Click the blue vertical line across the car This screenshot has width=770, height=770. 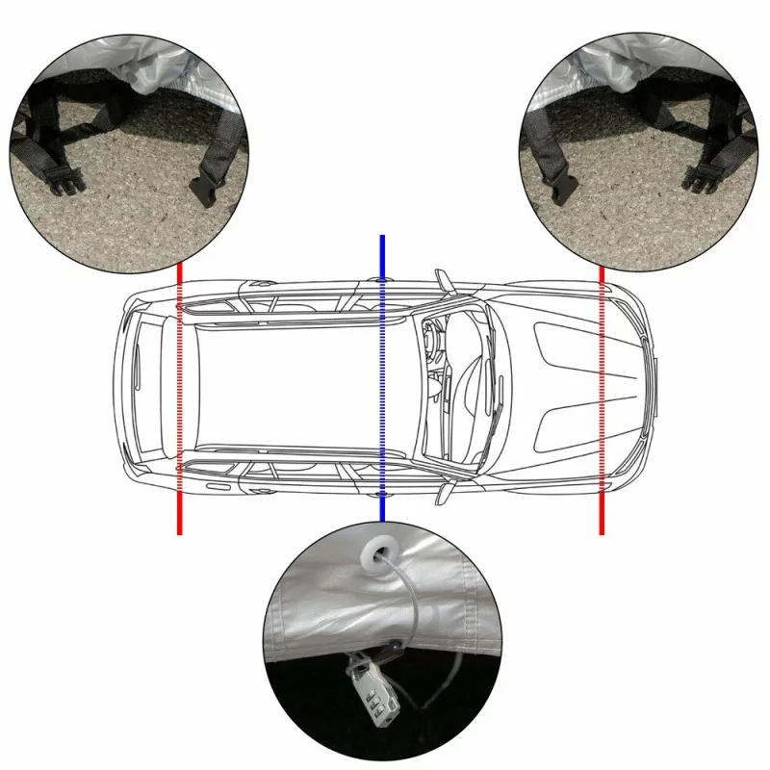(x=383, y=385)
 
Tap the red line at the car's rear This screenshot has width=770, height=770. (x=179, y=404)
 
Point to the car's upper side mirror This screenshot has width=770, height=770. (x=442, y=279)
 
